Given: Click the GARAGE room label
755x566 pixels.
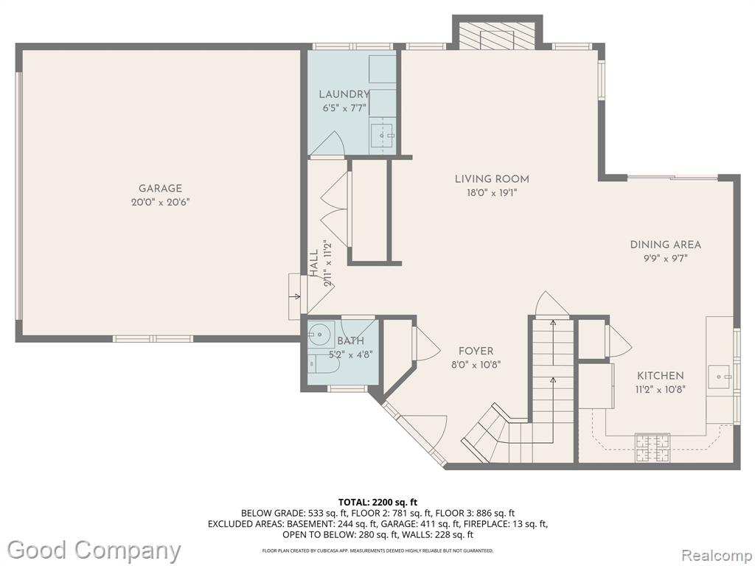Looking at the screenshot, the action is click(x=160, y=189).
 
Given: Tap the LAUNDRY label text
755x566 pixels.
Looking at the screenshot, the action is click(x=344, y=94).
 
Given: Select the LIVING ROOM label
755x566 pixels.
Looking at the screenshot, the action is click(x=492, y=179).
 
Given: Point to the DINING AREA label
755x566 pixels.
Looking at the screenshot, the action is click(x=666, y=245).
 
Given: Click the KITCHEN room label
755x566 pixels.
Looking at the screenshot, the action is click(x=661, y=376).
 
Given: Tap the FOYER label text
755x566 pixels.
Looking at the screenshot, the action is click(x=476, y=352).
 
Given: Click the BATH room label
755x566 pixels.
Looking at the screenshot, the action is click(x=350, y=341).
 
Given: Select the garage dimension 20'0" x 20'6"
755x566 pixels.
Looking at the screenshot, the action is click(x=160, y=203).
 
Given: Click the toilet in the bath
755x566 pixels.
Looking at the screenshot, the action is click(x=323, y=364).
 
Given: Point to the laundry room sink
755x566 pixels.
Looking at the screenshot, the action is click(x=383, y=136).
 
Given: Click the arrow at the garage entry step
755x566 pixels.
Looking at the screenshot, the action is click(x=294, y=296).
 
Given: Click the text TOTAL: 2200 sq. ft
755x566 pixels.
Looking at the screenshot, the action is click(x=377, y=503).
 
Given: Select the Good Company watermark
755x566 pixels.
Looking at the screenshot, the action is click(x=94, y=550).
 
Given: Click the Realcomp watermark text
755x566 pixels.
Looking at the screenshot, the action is click(x=716, y=556).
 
